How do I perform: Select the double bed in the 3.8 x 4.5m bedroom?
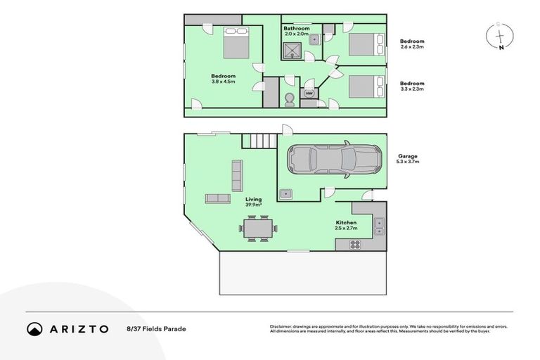tap(236, 44)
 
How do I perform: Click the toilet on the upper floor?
tap(289, 100)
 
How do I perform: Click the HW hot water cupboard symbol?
tap(308, 93)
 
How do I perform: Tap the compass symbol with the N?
tap(499, 37)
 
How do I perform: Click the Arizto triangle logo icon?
tap(34, 328)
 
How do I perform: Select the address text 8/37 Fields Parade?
tap(157, 328)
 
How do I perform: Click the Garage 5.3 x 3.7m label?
tap(408, 159)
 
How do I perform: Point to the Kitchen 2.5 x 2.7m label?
tap(346, 225)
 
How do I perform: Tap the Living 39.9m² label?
tap(254, 202)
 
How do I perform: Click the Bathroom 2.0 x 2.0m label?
tap(297, 31)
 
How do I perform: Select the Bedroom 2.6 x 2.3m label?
tap(412, 44)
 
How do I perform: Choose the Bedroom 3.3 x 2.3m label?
tap(412, 86)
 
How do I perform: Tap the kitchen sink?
tap(379, 225)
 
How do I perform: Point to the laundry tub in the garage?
tap(285, 193)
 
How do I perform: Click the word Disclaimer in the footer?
tap(281, 326)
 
